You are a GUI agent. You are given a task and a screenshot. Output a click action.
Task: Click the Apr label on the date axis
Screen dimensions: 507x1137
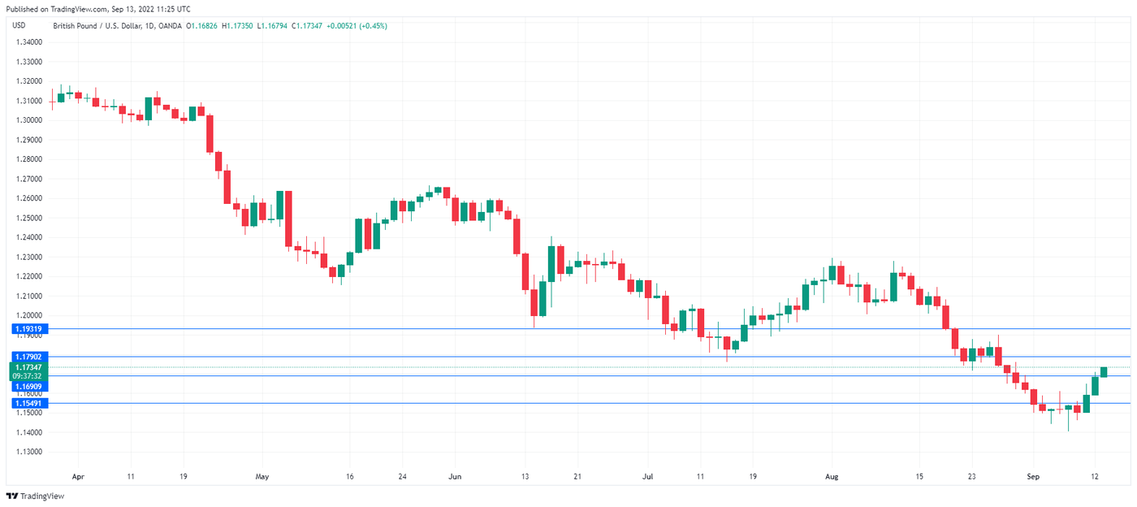tap(78, 477)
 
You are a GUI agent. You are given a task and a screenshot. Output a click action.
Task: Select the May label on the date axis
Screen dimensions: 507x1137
tap(262, 477)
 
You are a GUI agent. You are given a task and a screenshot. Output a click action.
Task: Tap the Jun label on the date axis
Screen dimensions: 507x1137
tap(455, 477)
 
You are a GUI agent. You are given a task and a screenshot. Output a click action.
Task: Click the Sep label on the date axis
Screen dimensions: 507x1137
tap(1033, 477)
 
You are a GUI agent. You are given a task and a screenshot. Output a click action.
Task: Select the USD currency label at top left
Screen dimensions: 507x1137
tap(19, 26)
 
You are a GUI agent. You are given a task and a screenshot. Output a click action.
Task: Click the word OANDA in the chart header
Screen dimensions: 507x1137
tap(170, 26)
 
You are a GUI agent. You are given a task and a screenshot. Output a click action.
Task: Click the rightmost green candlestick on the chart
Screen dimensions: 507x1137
tap(1104, 372)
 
